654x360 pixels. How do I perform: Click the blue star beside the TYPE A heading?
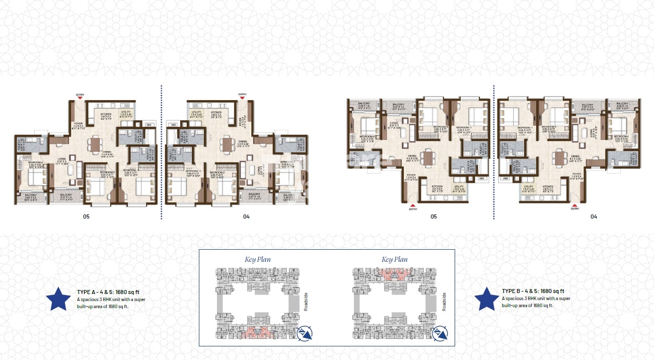58,299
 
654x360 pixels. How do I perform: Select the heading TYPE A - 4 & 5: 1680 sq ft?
104,292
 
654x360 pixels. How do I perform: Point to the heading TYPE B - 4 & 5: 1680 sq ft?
533,291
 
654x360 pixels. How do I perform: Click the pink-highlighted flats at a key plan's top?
393,274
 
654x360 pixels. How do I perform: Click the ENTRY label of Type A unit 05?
80,95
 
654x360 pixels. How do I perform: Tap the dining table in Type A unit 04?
228,145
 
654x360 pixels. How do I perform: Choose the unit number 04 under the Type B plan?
594,217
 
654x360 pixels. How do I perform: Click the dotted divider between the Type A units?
161,151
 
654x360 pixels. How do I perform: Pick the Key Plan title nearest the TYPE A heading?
258,260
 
